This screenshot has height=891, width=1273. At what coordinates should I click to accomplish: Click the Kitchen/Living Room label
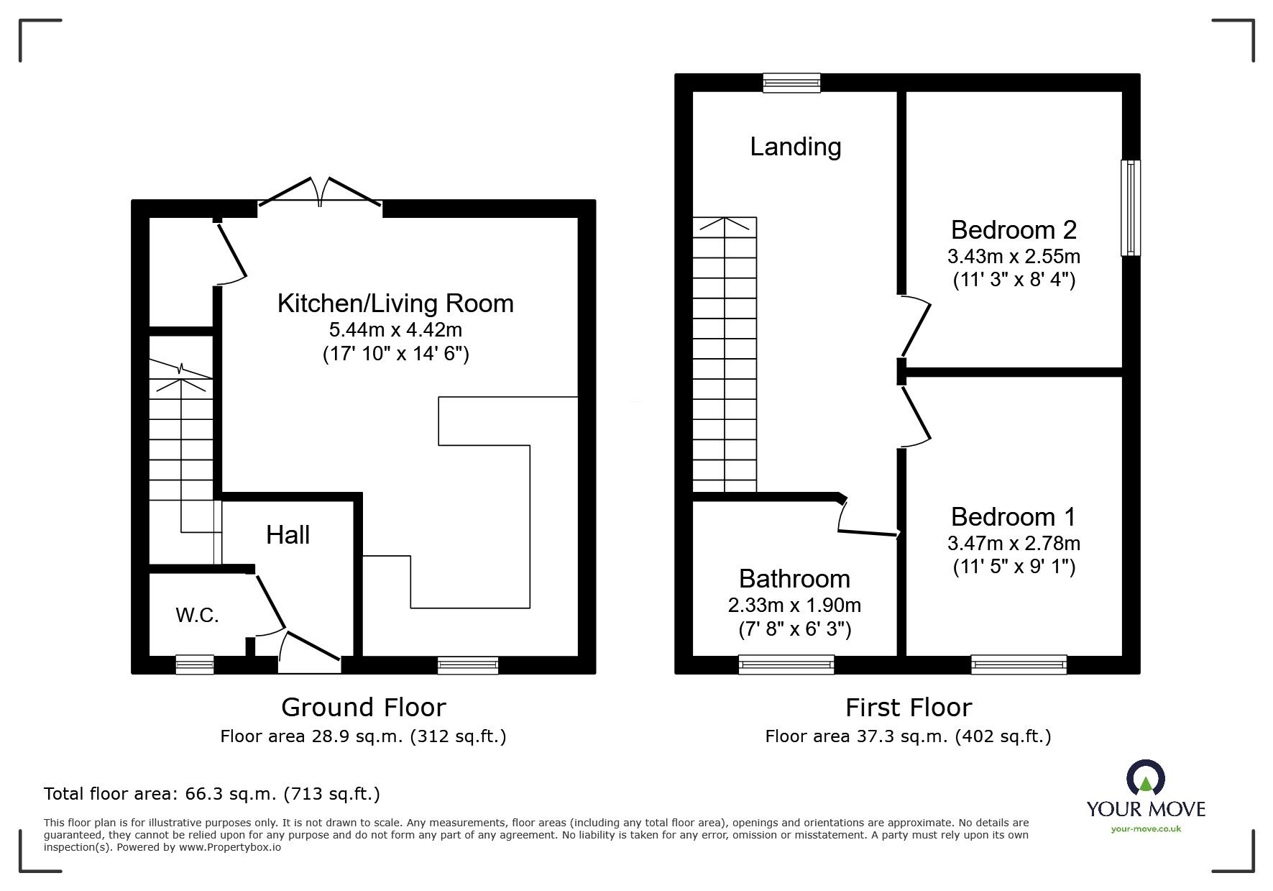(395, 303)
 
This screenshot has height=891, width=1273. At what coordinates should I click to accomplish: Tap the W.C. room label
(197, 615)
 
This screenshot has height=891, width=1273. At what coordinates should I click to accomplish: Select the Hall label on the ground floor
(288, 535)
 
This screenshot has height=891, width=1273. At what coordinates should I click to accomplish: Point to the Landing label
(796, 147)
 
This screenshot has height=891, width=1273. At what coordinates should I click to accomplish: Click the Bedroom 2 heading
(1014, 230)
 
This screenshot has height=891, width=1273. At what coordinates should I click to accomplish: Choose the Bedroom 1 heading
(1014, 517)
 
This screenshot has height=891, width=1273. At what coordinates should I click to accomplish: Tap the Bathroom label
(794, 579)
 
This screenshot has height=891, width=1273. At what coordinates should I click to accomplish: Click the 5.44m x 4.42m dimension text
(395, 330)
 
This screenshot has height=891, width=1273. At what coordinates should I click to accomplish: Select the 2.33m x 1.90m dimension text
(794, 606)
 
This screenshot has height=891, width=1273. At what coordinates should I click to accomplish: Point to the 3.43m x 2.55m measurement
(1014, 256)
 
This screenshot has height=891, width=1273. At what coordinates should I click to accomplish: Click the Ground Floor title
(364, 708)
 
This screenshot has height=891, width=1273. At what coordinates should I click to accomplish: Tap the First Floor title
(909, 708)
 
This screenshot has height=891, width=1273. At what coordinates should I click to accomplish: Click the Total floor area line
(212, 794)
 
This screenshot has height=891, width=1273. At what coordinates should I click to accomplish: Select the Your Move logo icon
(1146, 778)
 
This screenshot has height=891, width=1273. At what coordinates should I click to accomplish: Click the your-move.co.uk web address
(1146, 829)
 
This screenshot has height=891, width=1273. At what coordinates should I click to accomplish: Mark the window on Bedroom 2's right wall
(1131, 208)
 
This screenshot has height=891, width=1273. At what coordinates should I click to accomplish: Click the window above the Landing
(791, 83)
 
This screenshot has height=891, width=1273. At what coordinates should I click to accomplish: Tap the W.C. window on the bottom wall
(195, 664)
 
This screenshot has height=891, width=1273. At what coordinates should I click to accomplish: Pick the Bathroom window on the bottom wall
(786, 664)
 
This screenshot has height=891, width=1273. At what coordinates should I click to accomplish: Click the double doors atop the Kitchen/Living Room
(320, 193)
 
